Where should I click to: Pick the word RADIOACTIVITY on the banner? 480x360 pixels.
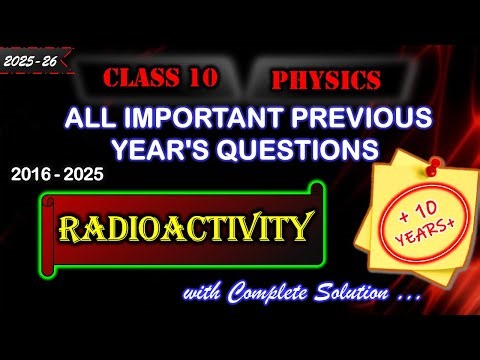[x=183, y=230]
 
